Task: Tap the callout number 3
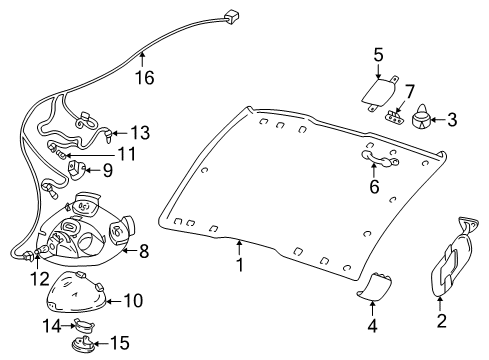pos(452,121)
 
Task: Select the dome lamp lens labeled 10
pos(38,276)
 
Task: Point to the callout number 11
pos(139,132)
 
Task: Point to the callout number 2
pos(441,321)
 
